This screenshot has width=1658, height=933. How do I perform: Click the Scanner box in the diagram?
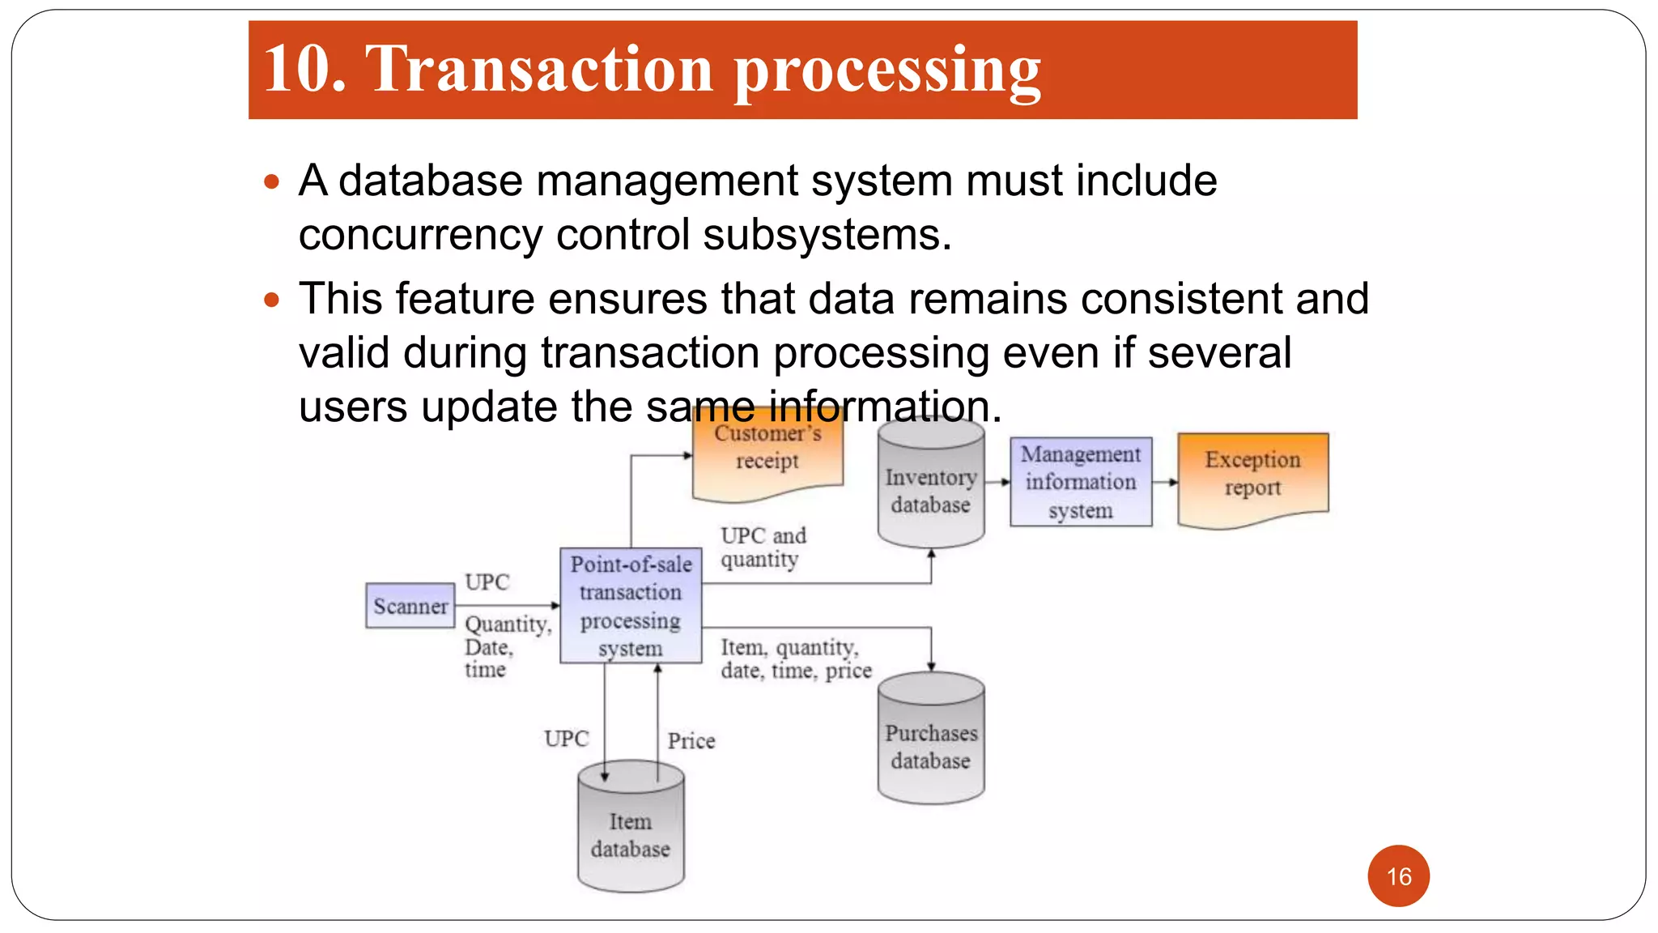pyautogui.click(x=410, y=606)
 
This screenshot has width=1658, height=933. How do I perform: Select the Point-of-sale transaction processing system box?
pyautogui.click(x=631, y=606)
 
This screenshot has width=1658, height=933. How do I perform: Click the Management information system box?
pyautogui.click(x=1081, y=482)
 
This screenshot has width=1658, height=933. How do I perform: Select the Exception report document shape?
pyautogui.click(x=1252, y=478)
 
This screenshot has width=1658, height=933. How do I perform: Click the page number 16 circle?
pyautogui.click(x=1398, y=876)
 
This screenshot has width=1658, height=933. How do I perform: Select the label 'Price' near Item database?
pyautogui.click(x=691, y=741)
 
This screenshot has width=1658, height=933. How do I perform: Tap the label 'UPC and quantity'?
pyautogui.click(x=763, y=547)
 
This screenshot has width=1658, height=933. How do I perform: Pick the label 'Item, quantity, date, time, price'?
pyautogui.click(x=796, y=658)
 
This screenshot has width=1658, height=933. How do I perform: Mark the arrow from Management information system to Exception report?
pyautogui.click(x=1165, y=482)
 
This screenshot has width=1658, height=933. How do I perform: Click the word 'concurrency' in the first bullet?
pyautogui.click(x=419, y=235)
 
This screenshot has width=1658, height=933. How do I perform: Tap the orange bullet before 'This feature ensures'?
pyautogui.click(x=272, y=300)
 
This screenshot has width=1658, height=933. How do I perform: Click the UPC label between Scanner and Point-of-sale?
pyautogui.click(x=487, y=582)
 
